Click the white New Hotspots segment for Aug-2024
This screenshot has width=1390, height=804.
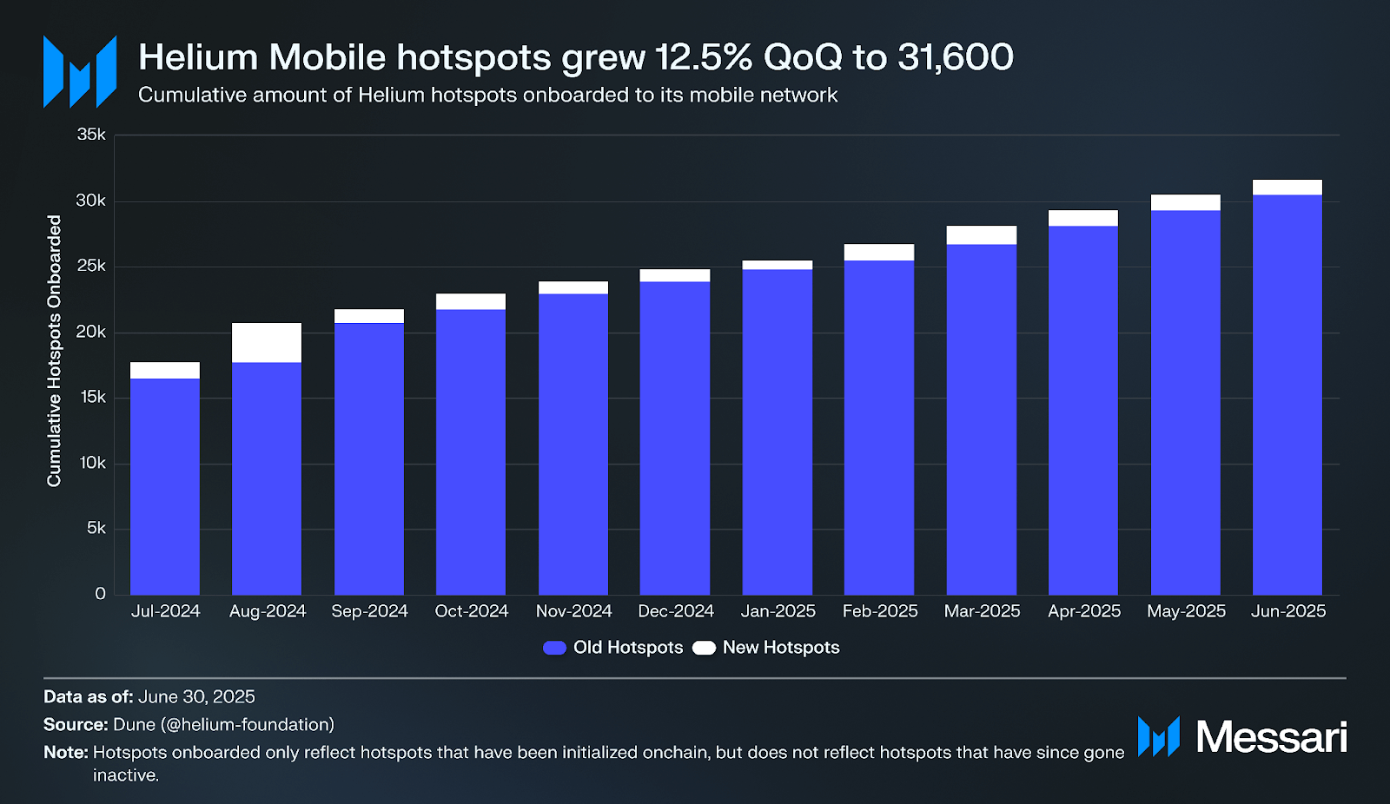(x=267, y=343)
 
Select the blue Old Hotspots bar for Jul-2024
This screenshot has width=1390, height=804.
(x=165, y=486)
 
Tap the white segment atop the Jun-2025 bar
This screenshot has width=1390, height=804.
(x=1287, y=188)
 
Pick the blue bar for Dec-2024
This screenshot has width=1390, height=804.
(x=675, y=438)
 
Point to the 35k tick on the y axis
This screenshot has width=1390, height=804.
(x=91, y=135)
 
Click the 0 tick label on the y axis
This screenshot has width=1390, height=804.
(x=100, y=594)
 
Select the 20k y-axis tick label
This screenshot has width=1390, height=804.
(x=91, y=332)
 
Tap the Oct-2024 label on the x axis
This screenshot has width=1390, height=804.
(x=471, y=611)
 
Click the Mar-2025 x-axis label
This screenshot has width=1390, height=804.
(x=982, y=611)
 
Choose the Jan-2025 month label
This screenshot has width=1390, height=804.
(x=778, y=611)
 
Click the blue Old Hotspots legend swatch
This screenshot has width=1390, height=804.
(x=554, y=648)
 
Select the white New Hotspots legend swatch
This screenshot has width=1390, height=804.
(x=704, y=648)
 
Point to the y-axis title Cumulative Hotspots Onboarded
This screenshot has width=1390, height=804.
(x=54, y=351)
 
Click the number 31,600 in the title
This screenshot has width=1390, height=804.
(x=955, y=57)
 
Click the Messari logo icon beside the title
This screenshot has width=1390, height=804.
(x=80, y=71)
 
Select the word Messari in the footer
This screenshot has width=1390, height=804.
(x=1271, y=737)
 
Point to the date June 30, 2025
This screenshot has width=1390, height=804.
(x=196, y=696)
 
